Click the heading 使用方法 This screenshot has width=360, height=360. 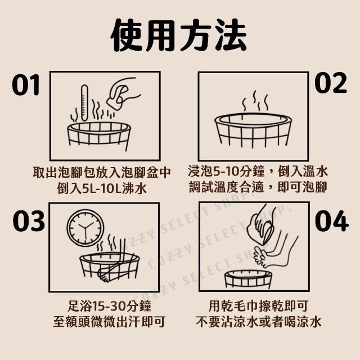(x=179, y=35)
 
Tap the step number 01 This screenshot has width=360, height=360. (x=26, y=85)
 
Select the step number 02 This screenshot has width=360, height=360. (x=331, y=83)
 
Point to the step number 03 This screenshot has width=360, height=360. (x=29, y=220)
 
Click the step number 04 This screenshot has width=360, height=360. (x=332, y=220)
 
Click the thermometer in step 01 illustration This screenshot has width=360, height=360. (x=84, y=103)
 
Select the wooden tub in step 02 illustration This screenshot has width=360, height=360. (x=253, y=130)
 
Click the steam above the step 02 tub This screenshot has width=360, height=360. (x=255, y=101)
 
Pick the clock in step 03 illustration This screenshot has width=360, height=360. (x=85, y=228)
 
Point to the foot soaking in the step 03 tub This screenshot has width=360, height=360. (x=110, y=272)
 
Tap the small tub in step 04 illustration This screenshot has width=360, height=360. (x=248, y=278)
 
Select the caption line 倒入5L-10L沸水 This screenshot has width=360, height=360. (x=102, y=188)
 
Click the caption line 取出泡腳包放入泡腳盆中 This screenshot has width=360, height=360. (x=102, y=172)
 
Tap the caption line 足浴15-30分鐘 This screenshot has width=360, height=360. (x=110, y=306)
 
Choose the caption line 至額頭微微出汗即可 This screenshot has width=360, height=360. (x=109, y=322)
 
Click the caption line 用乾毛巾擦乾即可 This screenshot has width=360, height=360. (x=258, y=306)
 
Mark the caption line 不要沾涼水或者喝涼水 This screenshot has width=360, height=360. (x=259, y=322)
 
